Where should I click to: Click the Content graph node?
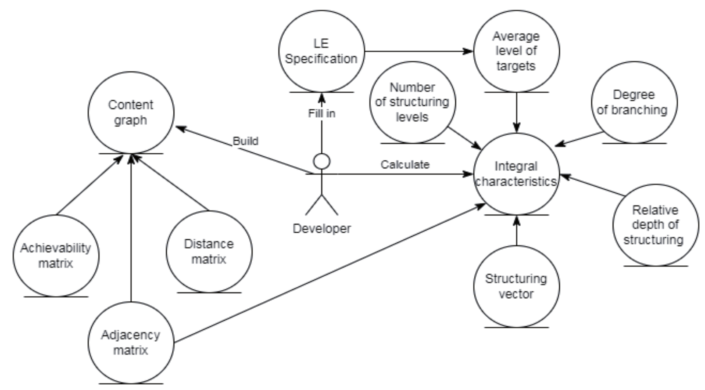pos(131,112)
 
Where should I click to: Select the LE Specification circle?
pos(322,51)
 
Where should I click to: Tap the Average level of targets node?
pos(516,51)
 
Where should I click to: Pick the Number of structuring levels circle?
pos(412,102)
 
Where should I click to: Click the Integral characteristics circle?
pos(516,174)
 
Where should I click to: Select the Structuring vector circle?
pos(516,286)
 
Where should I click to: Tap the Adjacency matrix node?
pos(131,343)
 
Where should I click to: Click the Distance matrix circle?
pos(209,252)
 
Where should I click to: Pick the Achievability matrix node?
pos(56,256)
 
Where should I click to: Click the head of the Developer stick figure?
pos(322,162)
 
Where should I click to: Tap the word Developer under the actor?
pos(322,228)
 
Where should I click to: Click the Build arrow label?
pos(245,141)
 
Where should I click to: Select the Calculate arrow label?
pos(404,165)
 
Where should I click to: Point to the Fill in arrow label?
pos(322,113)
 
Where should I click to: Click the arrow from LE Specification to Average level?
pos(419,51)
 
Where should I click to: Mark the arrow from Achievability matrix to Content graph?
pos(90,184)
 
